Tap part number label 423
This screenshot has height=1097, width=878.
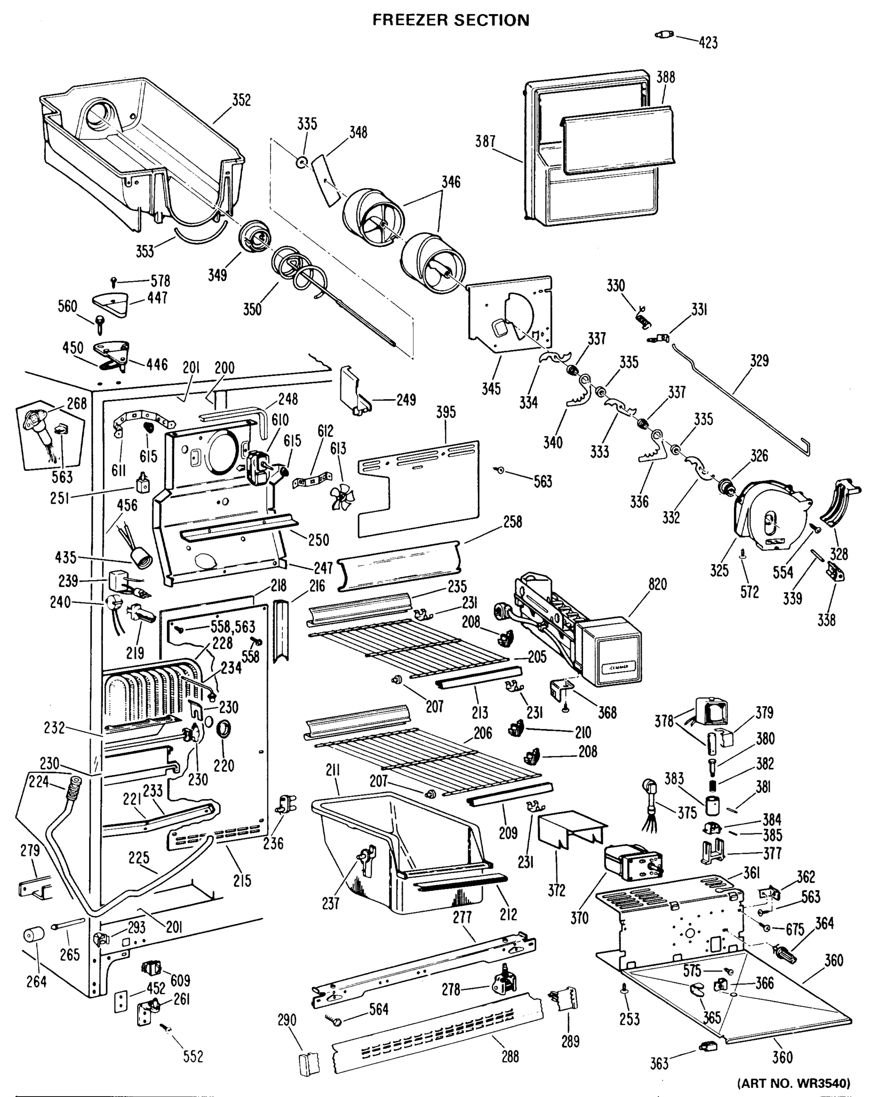[708, 43]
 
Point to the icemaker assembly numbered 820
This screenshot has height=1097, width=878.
[580, 631]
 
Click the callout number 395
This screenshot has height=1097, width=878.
[445, 412]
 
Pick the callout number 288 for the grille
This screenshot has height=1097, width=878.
[510, 1057]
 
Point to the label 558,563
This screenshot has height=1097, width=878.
[233, 627]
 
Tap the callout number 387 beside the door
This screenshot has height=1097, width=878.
[485, 141]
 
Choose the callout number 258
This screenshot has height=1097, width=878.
[512, 522]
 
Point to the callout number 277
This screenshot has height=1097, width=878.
[462, 917]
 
